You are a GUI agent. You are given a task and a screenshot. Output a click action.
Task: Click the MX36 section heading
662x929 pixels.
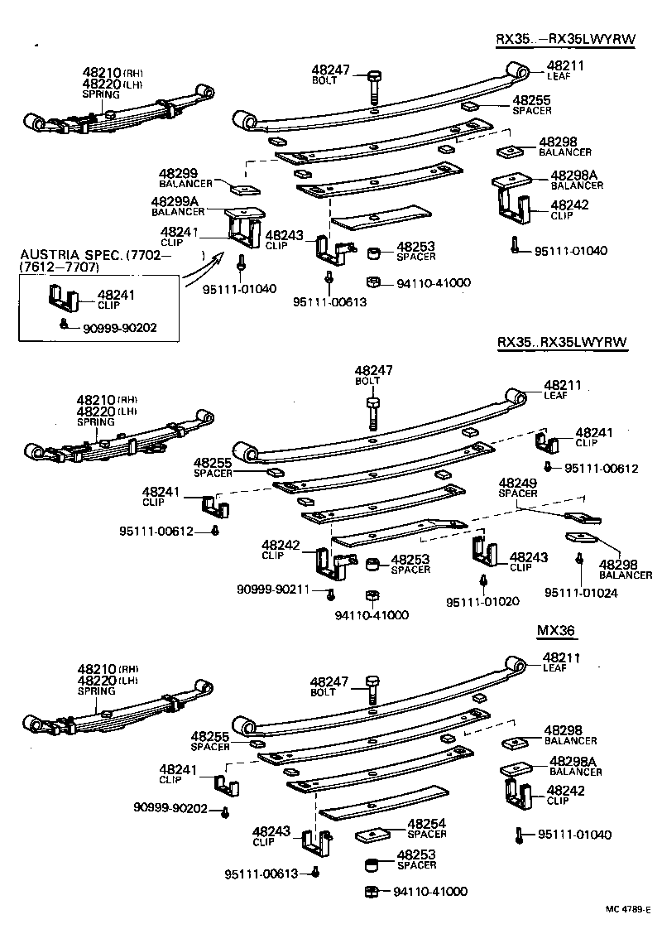(556, 632)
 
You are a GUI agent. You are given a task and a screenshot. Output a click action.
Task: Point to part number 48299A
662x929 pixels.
(173, 201)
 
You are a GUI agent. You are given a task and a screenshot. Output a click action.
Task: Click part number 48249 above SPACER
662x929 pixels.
(517, 483)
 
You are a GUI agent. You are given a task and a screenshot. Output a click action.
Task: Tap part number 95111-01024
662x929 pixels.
(580, 593)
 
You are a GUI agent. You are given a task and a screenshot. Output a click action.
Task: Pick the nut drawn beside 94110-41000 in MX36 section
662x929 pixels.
(372, 891)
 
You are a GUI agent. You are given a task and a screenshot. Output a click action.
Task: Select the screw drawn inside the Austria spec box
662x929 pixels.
(65, 324)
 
